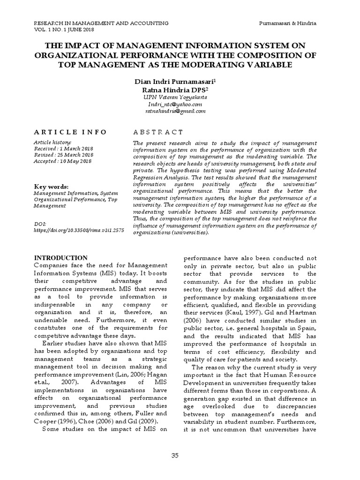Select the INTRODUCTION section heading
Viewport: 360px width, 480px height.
click(61, 258)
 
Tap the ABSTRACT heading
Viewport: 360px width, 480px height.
click(158, 132)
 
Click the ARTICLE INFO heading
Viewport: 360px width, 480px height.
click(70, 132)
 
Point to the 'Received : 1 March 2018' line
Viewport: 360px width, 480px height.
click(63, 149)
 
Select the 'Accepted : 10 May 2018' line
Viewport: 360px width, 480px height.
click(63, 161)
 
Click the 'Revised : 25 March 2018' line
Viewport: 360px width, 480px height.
click(63, 155)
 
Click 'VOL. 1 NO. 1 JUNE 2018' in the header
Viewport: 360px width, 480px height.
click(64, 30)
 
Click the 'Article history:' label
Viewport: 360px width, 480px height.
click(52, 142)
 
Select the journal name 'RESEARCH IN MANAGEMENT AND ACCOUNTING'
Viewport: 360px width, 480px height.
click(102, 23)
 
